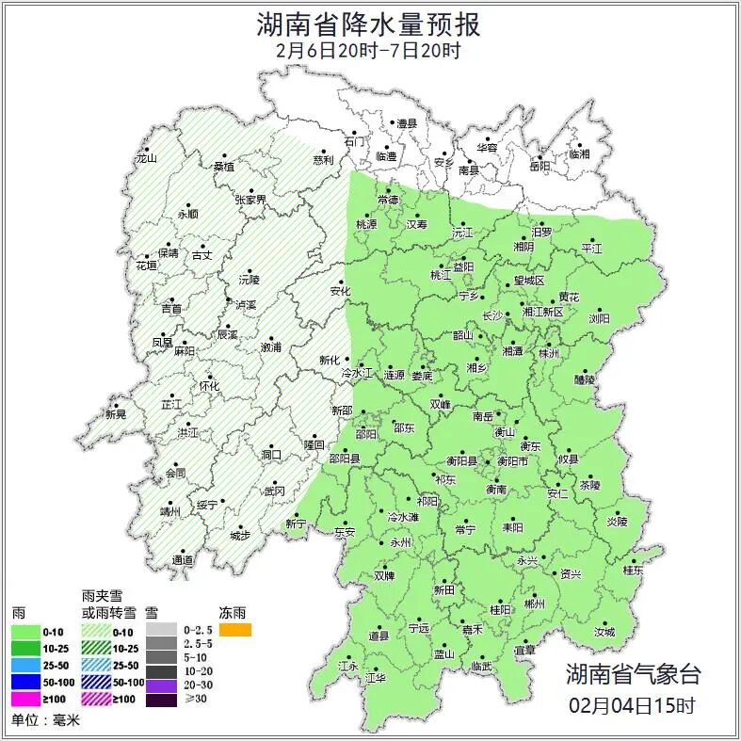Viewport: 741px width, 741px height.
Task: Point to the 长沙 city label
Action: click(x=491, y=316)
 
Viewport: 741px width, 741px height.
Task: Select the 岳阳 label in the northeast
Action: click(x=540, y=168)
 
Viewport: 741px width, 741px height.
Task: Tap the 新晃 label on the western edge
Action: click(x=115, y=414)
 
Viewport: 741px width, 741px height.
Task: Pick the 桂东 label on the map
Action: click(x=633, y=571)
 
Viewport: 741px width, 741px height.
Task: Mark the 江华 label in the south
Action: click(x=377, y=677)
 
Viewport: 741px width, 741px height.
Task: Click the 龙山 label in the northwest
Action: click(x=146, y=158)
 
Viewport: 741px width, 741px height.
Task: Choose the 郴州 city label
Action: click(x=534, y=604)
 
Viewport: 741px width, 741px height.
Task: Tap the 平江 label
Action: click(x=591, y=249)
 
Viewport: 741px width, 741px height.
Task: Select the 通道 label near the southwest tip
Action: click(x=184, y=560)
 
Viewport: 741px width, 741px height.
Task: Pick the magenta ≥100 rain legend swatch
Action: click(x=30, y=700)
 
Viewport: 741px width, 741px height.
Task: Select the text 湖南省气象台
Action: click(x=634, y=673)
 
